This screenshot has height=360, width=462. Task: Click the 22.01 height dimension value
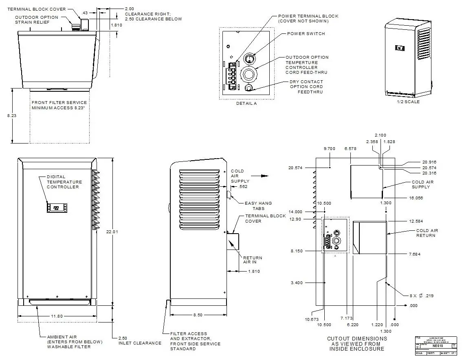(115, 232)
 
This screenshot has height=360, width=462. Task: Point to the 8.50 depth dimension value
(197, 315)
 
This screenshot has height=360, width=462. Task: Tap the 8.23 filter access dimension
(12, 116)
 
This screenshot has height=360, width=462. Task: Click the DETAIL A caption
(246, 104)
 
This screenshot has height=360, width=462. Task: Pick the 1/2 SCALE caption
(408, 102)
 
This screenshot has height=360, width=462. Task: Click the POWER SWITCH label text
(306, 34)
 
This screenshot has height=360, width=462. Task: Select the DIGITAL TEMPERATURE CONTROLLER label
(64, 182)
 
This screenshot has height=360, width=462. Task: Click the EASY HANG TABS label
(258, 206)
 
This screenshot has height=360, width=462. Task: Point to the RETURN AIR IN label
(253, 260)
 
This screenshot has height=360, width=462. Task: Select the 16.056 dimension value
(418, 198)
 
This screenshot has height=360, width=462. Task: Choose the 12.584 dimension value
(416, 221)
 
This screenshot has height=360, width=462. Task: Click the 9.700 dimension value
(329, 149)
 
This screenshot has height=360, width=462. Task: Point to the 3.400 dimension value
(297, 283)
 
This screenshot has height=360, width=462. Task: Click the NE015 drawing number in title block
(438, 346)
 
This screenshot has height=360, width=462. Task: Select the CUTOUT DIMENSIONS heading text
(357, 339)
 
